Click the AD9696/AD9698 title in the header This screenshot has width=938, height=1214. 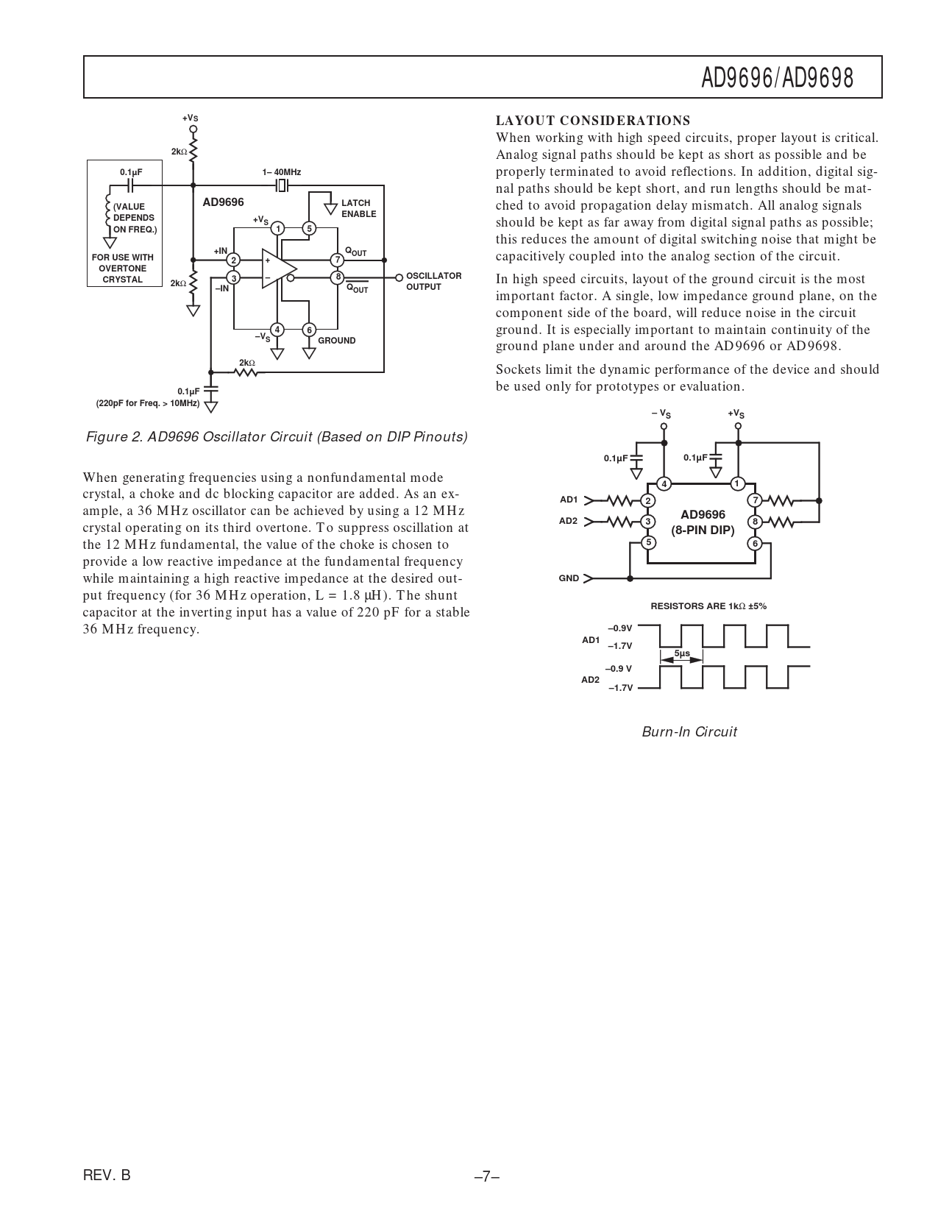pyautogui.click(x=777, y=77)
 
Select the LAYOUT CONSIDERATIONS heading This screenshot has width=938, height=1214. pyautogui.click(x=593, y=121)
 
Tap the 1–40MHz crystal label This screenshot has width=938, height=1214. pyautogui.click(x=281, y=172)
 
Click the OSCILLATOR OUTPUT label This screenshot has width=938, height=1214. pyautogui.click(x=433, y=281)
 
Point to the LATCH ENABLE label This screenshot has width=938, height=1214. pyautogui.click(x=358, y=208)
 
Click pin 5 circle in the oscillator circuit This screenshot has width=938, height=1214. pyautogui.click(x=309, y=228)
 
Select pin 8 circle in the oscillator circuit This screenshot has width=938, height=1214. pyautogui.click(x=337, y=277)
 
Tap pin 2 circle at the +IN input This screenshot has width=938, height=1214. pyautogui.click(x=233, y=260)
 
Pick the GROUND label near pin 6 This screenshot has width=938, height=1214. pyautogui.click(x=336, y=341)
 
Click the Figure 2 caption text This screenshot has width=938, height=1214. pyautogui.click(x=277, y=437)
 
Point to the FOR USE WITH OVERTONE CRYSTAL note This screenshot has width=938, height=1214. pyautogui.click(x=123, y=269)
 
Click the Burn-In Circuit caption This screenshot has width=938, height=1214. pyautogui.click(x=689, y=731)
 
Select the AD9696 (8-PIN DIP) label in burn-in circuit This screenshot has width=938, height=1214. pyautogui.click(x=703, y=522)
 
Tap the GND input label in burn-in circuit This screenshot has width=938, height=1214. pyautogui.click(x=569, y=578)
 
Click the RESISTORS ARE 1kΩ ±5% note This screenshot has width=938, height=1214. pyautogui.click(x=708, y=606)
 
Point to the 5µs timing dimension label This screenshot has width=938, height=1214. pyautogui.click(x=682, y=653)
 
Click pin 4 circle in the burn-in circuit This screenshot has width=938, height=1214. pyautogui.click(x=664, y=483)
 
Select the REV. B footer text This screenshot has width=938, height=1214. pyautogui.click(x=107, y=1175)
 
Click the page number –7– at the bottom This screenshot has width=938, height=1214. pyautogui.click(x=487, y=1176)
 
